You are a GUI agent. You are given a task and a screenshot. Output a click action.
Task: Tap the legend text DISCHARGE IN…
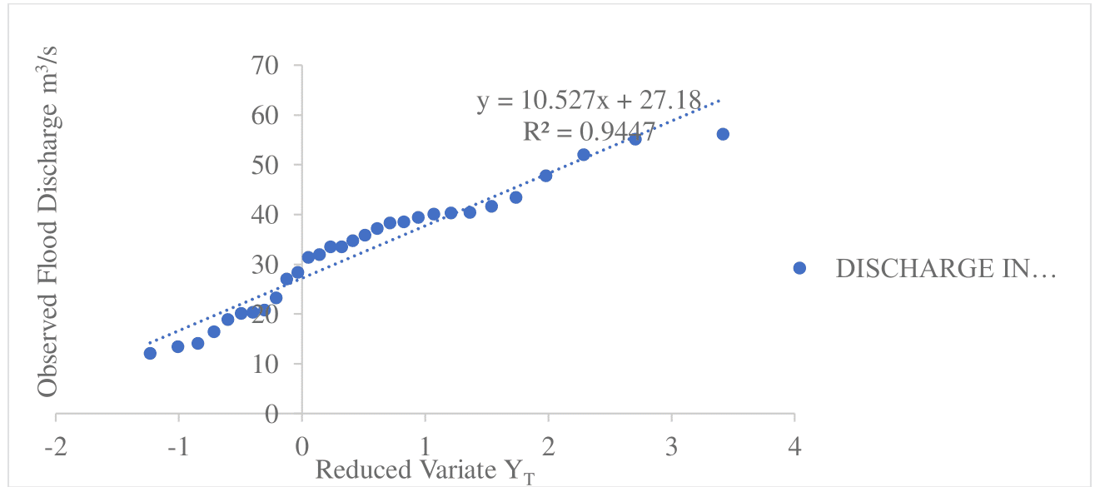click(946, 268)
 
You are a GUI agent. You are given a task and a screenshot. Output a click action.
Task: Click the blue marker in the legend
click(800, 268)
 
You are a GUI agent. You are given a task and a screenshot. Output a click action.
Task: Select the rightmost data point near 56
click(723, 134)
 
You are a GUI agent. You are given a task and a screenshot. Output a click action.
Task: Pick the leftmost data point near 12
click(150, 353)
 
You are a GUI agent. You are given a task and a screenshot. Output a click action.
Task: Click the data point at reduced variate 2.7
click(635, 139)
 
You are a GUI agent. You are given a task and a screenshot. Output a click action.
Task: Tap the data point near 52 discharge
click(584, 155)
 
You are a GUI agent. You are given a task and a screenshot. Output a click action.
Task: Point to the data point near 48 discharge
click(546, 176)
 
